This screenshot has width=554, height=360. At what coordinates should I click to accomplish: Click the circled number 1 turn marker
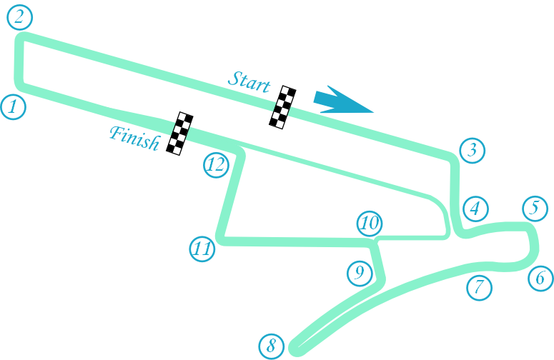pos(14,108)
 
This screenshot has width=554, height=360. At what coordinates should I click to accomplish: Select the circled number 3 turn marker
pos(473,151)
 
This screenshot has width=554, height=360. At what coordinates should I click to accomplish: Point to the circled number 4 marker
pos(475,209)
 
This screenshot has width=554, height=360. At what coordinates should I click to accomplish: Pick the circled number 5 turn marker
pos(535,208)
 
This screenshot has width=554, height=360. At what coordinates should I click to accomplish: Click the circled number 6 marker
pos(540,277)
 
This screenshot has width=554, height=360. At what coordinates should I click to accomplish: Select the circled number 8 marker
pos(271,346)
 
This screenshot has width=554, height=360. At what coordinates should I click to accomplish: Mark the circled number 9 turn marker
pos(360,271)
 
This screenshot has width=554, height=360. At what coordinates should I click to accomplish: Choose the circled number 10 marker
pos(370,224)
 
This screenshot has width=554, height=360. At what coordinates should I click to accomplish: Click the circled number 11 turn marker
pos(202,249)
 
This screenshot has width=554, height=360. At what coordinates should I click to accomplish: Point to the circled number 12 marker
pos(216,165)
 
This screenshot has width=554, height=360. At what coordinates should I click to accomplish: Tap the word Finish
pos(134,137)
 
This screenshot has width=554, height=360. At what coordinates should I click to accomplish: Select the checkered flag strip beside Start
pos(284,107)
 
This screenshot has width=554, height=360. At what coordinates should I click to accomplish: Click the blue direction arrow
pos(342,101)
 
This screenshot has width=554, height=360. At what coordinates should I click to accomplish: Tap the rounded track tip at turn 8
pos(296,349)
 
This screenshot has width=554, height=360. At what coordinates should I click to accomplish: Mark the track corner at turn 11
pos(222,238)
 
